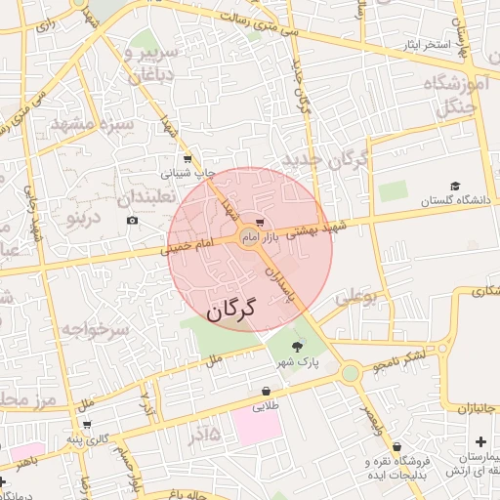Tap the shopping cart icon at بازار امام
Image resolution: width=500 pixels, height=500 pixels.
[x=259, y=224]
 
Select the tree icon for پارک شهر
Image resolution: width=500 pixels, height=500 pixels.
[x=297, y=345]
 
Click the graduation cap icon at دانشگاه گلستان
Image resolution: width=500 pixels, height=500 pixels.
[x=454, y=186]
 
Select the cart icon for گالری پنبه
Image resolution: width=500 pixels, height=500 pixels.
[x=87, y=425]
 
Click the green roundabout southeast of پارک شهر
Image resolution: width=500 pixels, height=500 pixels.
[x=350, y=373]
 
